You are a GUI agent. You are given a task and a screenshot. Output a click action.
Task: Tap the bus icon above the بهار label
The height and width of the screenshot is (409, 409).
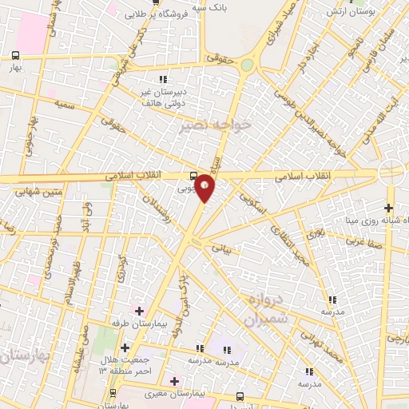16,55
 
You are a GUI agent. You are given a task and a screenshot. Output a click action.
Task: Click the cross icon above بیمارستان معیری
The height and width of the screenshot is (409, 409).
174,381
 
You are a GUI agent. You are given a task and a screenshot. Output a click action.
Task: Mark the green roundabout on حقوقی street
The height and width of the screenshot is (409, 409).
248,65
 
